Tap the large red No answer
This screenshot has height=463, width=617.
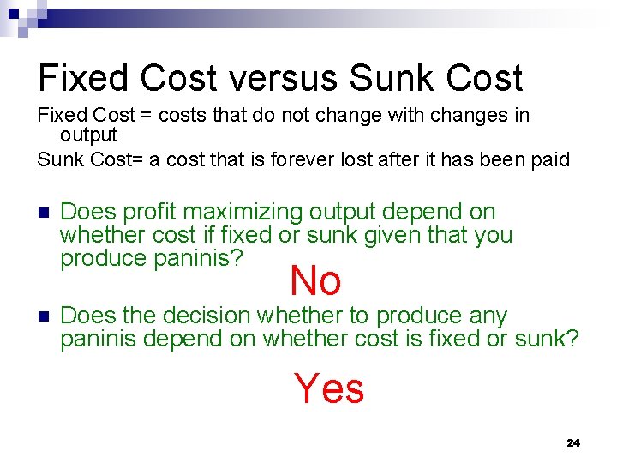315,280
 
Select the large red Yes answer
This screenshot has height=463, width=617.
330,388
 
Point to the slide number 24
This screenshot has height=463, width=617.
573,442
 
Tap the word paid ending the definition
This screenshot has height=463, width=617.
548,159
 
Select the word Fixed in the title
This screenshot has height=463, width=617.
82,78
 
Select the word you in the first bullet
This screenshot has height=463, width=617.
493,235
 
